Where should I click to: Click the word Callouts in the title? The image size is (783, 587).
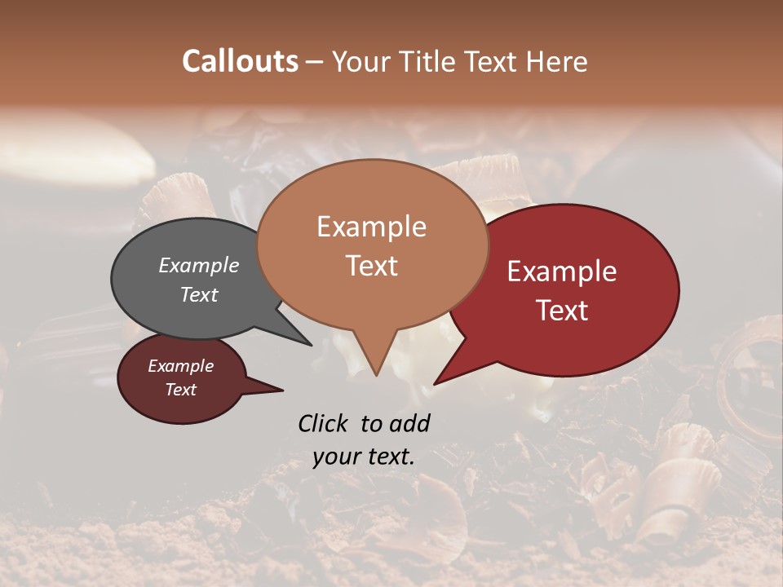[240, 61]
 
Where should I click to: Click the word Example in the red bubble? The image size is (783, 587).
[562, 271]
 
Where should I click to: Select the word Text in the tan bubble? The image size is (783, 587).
[372, 266]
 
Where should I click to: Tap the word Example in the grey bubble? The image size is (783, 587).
[199, 265]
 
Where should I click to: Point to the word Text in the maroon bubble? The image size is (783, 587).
[181, 390]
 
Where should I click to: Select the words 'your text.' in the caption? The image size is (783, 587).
[364, 457]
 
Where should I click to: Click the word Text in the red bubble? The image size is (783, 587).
[563, 311]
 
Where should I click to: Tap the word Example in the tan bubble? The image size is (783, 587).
[372, 227]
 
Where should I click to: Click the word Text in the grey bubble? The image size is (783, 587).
[199, 294]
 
